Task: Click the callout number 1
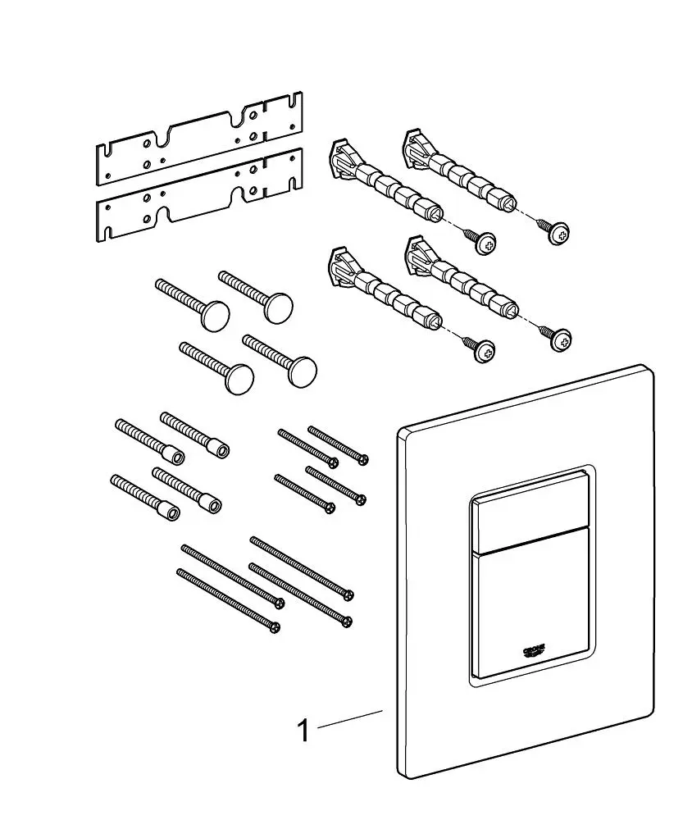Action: click(x=303, y=729)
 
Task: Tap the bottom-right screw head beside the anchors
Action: click(x=561, y=338)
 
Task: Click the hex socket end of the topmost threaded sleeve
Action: click(x=219, y=449)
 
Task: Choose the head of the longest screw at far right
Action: click(x=349, y=593)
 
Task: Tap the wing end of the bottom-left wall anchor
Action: click(x=337, y=268)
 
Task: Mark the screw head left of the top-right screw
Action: click(x=487, y=242)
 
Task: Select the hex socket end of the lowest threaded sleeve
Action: click(x=171, y=514)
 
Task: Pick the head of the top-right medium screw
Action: click(x=362, y=458)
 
